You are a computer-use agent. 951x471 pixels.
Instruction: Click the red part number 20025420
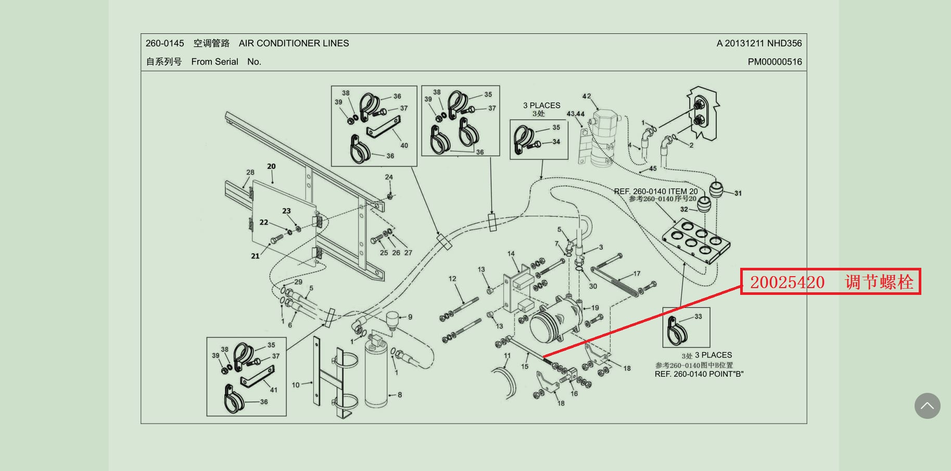click(787, 282)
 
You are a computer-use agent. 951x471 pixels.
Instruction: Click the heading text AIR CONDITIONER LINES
click(294, 43)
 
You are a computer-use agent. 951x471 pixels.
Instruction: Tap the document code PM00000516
click(775, 61)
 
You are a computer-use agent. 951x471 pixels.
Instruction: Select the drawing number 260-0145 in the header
click(164, 43)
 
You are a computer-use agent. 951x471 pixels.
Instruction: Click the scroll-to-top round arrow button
click(927, 406)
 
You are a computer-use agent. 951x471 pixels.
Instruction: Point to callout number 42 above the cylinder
click(587, 96)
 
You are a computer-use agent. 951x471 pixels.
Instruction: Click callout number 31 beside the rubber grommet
click(738, 193)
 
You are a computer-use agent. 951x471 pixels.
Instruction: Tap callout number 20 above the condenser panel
click(271, 166)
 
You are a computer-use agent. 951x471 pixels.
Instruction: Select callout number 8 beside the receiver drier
click(400, 395)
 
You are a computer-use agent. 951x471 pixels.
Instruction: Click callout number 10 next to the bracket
click(296, 385)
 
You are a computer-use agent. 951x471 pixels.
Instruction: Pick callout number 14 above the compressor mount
click(511, 254)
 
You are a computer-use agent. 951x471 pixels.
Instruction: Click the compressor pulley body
click(547, 325)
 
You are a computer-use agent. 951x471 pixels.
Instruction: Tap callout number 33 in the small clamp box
click(698, 316)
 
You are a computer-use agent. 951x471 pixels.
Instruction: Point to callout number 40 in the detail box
click(404, 145)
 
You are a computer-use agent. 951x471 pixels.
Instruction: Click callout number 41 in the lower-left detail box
click(274, 390)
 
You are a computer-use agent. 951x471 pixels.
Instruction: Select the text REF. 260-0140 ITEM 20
click(655, 191)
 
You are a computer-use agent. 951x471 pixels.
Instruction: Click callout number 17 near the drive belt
click(637, 274)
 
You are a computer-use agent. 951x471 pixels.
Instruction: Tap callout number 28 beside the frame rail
click(250, 172)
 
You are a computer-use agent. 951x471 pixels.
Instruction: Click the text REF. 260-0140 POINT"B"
click(699, 374)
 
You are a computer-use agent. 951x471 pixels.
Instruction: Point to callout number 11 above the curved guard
click(507, 356)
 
